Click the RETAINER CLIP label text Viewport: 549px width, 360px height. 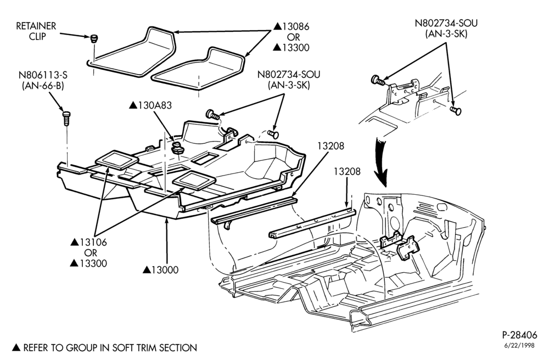(x=36, y=31)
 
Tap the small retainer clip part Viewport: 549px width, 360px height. (x=93, y=38)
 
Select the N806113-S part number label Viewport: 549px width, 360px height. (x=43, y=75)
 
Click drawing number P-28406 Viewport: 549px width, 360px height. (x=519, y=335)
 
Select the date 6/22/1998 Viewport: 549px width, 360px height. (x=519, y=346)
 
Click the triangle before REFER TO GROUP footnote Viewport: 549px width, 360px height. (x=16, y=347)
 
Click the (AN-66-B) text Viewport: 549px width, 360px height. (x=43, y=86)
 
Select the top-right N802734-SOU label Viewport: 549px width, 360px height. (x=446, y=23)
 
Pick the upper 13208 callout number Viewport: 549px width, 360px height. (x=331, y=146)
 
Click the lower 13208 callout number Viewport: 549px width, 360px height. (x=347, y=171)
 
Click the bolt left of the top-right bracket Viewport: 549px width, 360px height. (x=378, y=80)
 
